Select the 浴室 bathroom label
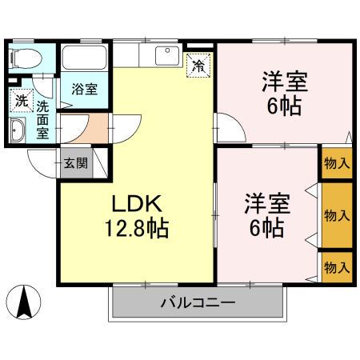point(85,88)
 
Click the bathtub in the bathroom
point(85,58)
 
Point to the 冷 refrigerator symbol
point(198,66)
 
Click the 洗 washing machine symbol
point(21,102)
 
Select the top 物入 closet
point(336,163)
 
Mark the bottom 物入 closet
point(336,266)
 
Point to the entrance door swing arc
point(44,160)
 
